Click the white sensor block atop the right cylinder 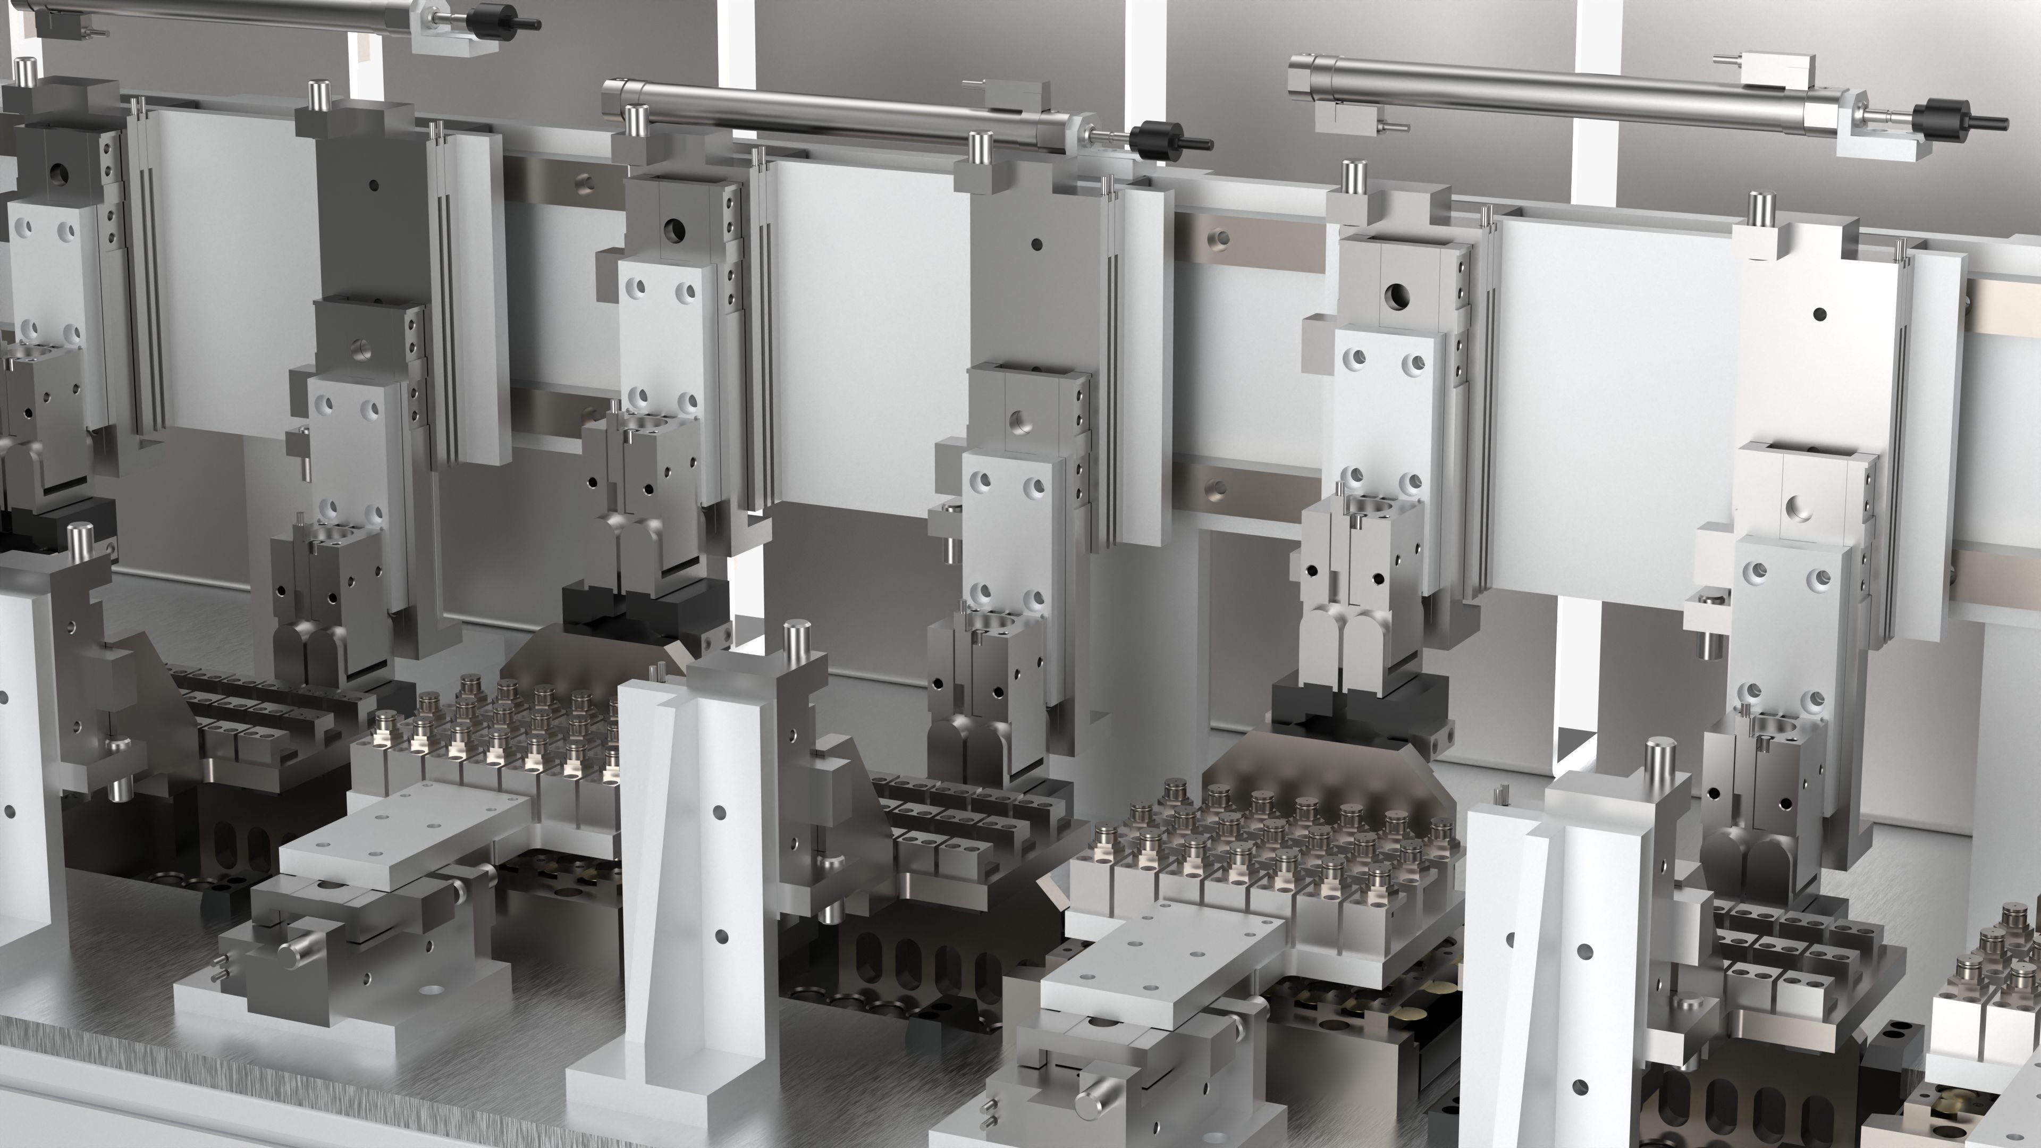coord(1775,69)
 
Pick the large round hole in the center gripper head coord(675,230)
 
